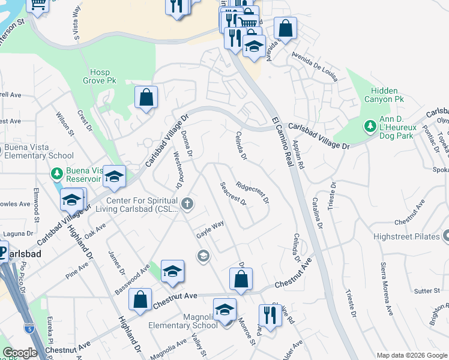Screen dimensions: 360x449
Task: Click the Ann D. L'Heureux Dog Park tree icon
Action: pos(369,127)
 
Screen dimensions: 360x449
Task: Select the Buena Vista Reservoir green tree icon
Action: pos(57,173)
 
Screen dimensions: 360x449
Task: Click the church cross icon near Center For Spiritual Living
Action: pos(187,204)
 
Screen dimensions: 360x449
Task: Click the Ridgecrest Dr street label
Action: pos(252,193)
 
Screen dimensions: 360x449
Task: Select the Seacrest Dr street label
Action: pos(233,194)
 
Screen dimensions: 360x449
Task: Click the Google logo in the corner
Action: pos(20,353)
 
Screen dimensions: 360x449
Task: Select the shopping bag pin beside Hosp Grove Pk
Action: pos(146,97)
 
